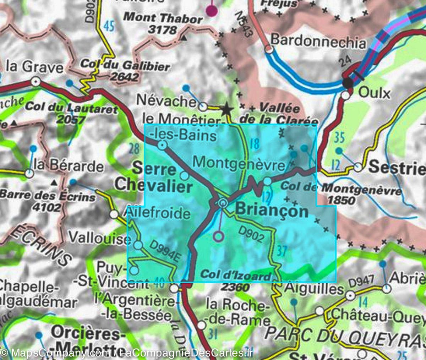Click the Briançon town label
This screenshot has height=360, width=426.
point(272,211)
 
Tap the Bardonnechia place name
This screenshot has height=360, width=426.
point(318,42)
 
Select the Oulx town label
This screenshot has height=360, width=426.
point(375,93)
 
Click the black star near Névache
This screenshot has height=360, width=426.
point(226,109)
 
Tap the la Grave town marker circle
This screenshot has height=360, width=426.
point(35,82)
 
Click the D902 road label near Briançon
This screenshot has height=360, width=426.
point(251,234)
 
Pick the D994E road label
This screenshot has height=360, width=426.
point(164,251)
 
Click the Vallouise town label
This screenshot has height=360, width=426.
point(99,238)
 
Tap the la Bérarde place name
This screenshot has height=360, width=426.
point(68,166)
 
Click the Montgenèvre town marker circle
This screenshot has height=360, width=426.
point(267,181)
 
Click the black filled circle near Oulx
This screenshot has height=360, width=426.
point(348,83)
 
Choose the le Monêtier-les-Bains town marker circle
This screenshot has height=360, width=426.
point(163,144)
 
